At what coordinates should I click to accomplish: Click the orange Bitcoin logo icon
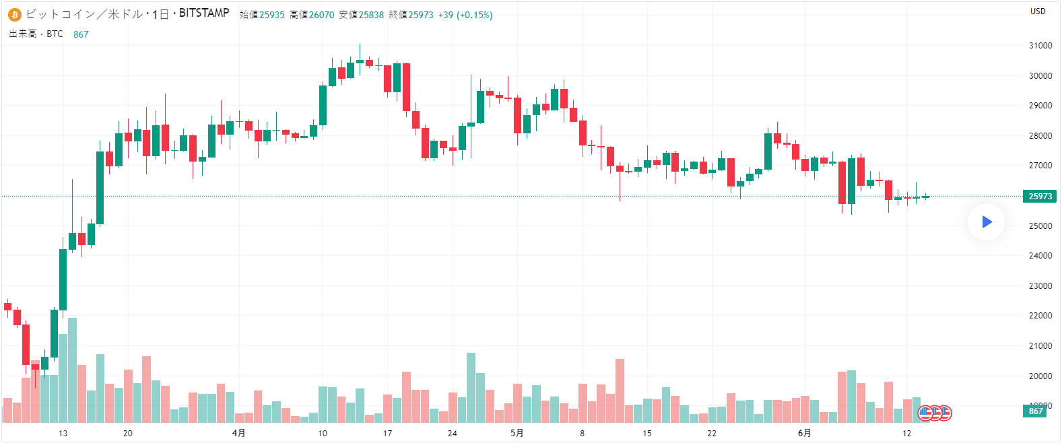15,14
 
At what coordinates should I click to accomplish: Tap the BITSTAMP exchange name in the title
204,13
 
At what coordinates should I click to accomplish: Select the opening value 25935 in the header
272,15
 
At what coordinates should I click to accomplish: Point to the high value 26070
322,15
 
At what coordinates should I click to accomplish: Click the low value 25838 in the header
371,15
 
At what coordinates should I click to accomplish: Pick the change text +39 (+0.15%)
465,15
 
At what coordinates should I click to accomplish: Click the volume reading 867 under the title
81,34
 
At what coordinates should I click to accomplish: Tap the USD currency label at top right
1038,11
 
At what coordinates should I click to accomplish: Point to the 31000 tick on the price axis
1040,46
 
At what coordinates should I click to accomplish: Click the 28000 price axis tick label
1040,136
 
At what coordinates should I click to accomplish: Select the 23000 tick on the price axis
1040,286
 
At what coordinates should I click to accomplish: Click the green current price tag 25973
1040,197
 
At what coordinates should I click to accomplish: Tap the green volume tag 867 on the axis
1036,411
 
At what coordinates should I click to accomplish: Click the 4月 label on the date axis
238,433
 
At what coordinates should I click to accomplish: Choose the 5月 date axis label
517,433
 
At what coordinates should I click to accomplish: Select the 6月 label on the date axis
804,433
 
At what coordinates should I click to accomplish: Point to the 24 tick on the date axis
452,433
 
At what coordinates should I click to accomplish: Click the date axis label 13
63,433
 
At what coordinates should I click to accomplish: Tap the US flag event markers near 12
935,413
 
